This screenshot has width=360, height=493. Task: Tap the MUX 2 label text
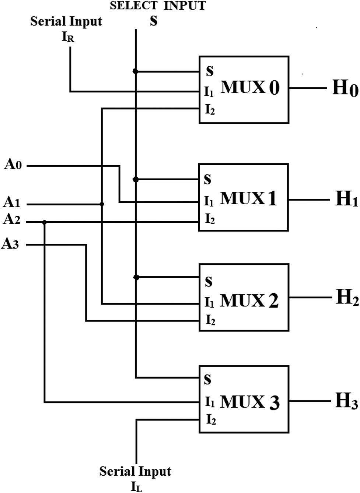[249, 301]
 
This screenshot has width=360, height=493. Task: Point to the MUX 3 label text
[249, 402]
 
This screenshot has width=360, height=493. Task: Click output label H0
[345, 88]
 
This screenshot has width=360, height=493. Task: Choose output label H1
[346, 199]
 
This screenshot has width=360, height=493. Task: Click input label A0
[13, 164]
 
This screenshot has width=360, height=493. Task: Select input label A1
[12, 202]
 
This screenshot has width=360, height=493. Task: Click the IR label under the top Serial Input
[68, 38]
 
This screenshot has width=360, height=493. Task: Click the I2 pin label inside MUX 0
[210, 110]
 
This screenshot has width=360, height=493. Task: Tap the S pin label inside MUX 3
[208, 379]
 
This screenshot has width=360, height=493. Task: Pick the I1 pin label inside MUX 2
[209, 303]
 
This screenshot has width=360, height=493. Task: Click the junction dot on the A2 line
[45, 222]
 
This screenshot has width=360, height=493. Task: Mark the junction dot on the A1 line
[102, 204]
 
